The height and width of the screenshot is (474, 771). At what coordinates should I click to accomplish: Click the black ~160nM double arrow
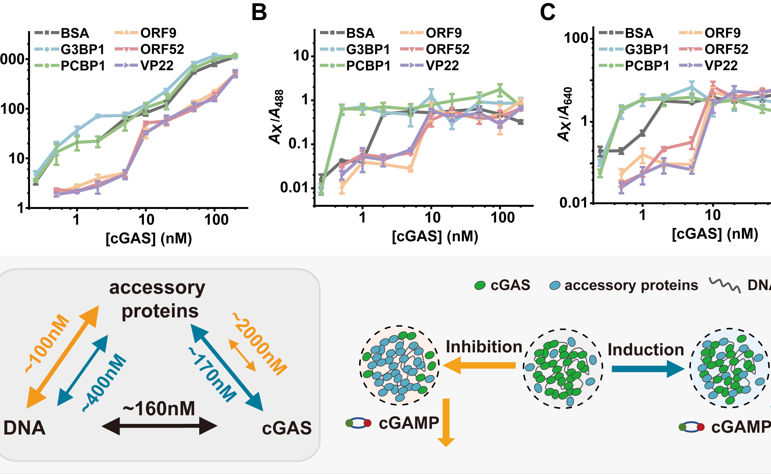point(159,426)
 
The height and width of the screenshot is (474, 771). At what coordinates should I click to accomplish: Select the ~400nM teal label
point(104,383)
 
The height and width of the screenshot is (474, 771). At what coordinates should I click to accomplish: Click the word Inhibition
point(484,347)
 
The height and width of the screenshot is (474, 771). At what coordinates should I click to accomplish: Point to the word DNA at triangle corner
point(24,428)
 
